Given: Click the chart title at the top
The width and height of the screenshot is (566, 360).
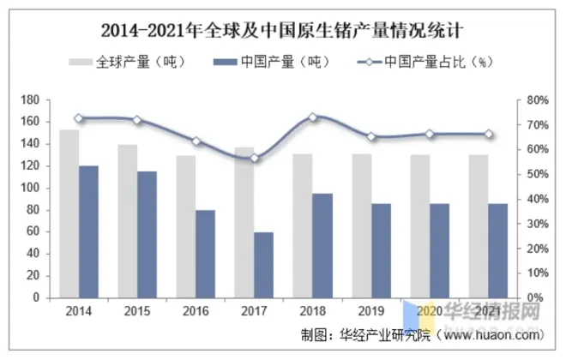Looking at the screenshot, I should pos(282,32).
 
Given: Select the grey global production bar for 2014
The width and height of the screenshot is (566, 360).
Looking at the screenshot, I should pos(69,213).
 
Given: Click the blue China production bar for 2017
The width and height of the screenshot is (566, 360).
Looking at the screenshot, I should pos(239,265).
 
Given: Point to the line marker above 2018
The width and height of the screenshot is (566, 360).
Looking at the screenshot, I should pos(312,117).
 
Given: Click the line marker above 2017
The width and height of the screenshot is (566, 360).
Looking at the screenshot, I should pos(254,158).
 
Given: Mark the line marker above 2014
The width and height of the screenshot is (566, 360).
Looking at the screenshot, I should pos(79,118).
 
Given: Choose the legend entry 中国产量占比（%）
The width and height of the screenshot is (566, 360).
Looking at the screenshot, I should pos(429,62).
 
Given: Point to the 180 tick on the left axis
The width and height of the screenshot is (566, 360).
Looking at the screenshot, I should pos(32,100).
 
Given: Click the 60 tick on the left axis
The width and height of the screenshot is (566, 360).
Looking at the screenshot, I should pos(34,231).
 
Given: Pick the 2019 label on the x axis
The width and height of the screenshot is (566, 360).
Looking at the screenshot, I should pos(370,310).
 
